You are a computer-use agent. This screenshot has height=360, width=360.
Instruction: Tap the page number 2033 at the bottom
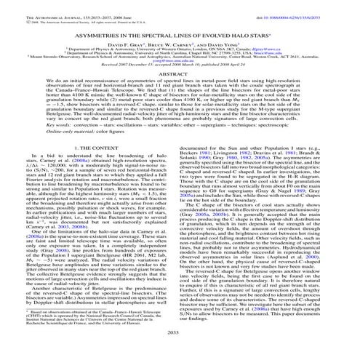click(x=180, y=353)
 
